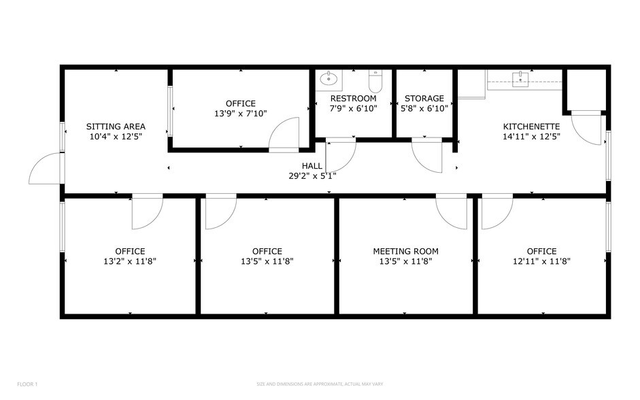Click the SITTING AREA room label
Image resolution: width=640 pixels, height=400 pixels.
click(x=116, y=127)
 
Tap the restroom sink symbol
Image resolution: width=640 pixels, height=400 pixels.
click(x=331, y=79)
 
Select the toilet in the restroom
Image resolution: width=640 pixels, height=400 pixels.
click(x=375, y=82)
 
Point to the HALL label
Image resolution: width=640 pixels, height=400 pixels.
click(x=312, y=166)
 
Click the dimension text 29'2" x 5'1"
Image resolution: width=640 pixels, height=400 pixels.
click(x=312, y=176)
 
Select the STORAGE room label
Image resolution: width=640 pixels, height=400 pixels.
click(x=424, y=99)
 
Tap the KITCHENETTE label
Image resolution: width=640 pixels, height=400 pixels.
click(x=531, y=127)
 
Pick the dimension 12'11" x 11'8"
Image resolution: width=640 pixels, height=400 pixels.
click(x=541, y=261)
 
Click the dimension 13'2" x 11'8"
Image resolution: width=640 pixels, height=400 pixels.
click(x=130, y=261)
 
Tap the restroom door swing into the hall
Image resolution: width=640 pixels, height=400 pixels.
click(x=340, y=155)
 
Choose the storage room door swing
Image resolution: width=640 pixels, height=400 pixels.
click(x=427, y=156)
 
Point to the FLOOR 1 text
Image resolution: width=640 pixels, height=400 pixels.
click(x=27, y=384)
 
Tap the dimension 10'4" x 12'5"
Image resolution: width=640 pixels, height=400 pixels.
click(x=116, y=136)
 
